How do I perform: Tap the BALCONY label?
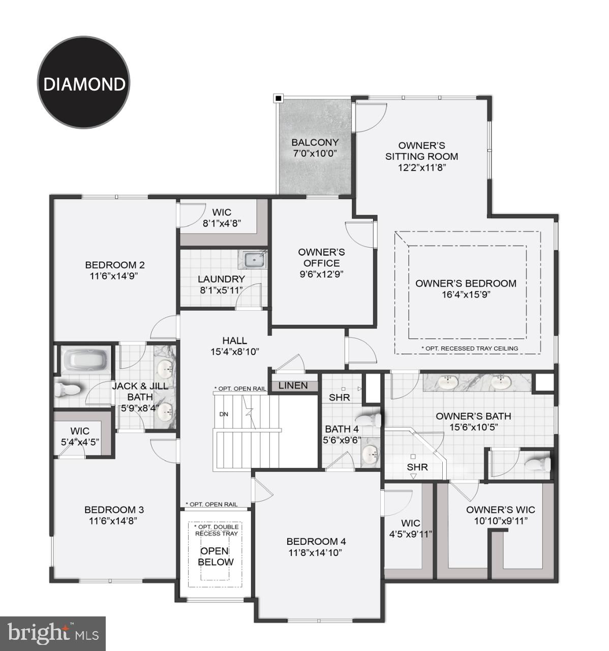315,142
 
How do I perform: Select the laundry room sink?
254,260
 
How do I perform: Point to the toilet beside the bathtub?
68,389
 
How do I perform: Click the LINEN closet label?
293,386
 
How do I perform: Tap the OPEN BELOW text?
216,556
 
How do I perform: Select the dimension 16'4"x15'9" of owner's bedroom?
466,294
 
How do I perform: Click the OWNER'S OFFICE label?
321,257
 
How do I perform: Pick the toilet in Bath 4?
373,419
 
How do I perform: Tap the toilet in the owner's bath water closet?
538,463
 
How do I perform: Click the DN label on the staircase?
224,414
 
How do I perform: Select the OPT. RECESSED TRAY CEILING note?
470,348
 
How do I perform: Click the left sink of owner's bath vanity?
447,382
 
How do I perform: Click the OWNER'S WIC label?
500,510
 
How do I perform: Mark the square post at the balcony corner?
278,98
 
